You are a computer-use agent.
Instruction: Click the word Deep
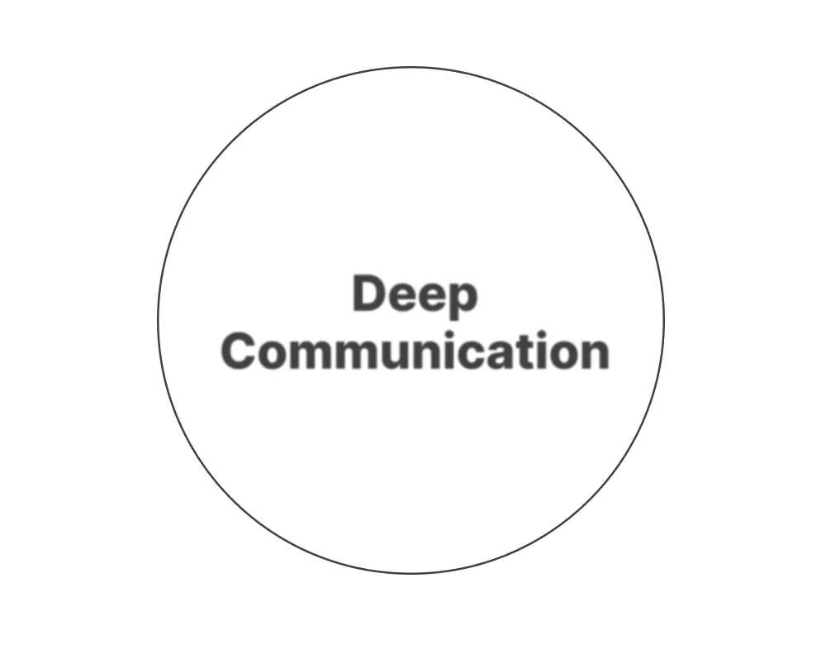[415, 296]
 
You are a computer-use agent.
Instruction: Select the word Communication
[415, 351]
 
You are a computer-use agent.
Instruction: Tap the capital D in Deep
[368, 294]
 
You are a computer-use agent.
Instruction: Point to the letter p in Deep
[462, 299]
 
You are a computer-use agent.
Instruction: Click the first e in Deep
[401, 298]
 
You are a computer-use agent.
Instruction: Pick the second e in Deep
[431, 298]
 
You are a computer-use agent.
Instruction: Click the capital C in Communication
[239, 351]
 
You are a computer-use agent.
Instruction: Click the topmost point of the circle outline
[411, 67]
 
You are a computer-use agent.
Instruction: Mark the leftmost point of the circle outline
[158, 319]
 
